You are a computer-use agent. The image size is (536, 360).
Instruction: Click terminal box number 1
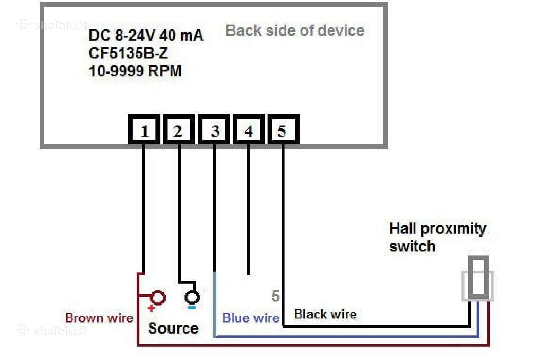tap(144, 130)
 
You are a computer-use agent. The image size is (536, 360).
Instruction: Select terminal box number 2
tap(179, 130)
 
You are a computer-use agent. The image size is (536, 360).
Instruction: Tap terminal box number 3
tap(214, 130)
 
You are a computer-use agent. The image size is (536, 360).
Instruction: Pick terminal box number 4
tap(249, 130)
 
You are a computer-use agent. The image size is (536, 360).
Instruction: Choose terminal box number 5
tap(283, 130)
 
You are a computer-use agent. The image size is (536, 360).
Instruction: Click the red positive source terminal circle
tap(158, 298)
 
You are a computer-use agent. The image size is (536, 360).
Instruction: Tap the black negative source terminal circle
tap(192, 297)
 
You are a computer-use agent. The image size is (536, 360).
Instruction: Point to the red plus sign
tap(151, 308)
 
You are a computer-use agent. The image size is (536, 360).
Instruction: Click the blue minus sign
tap(192, 308)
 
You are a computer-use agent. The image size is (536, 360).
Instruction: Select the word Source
tap(173, 328)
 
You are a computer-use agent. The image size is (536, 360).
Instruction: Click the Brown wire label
tap(99, 318)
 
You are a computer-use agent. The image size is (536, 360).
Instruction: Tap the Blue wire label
tap(251, 318)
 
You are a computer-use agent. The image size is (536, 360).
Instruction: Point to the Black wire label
tap(325, 314)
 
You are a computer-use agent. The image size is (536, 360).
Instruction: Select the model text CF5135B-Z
tap(128, 53)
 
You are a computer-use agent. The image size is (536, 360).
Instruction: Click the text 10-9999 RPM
tap(135, 71)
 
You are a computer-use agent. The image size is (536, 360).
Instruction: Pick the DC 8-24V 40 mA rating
tap(146, 35)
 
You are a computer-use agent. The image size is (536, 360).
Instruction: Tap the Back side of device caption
tap(295, 30)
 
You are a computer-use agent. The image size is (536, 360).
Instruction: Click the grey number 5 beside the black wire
tap(276, 296)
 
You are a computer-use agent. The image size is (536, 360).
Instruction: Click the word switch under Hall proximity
tap(412, 246)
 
